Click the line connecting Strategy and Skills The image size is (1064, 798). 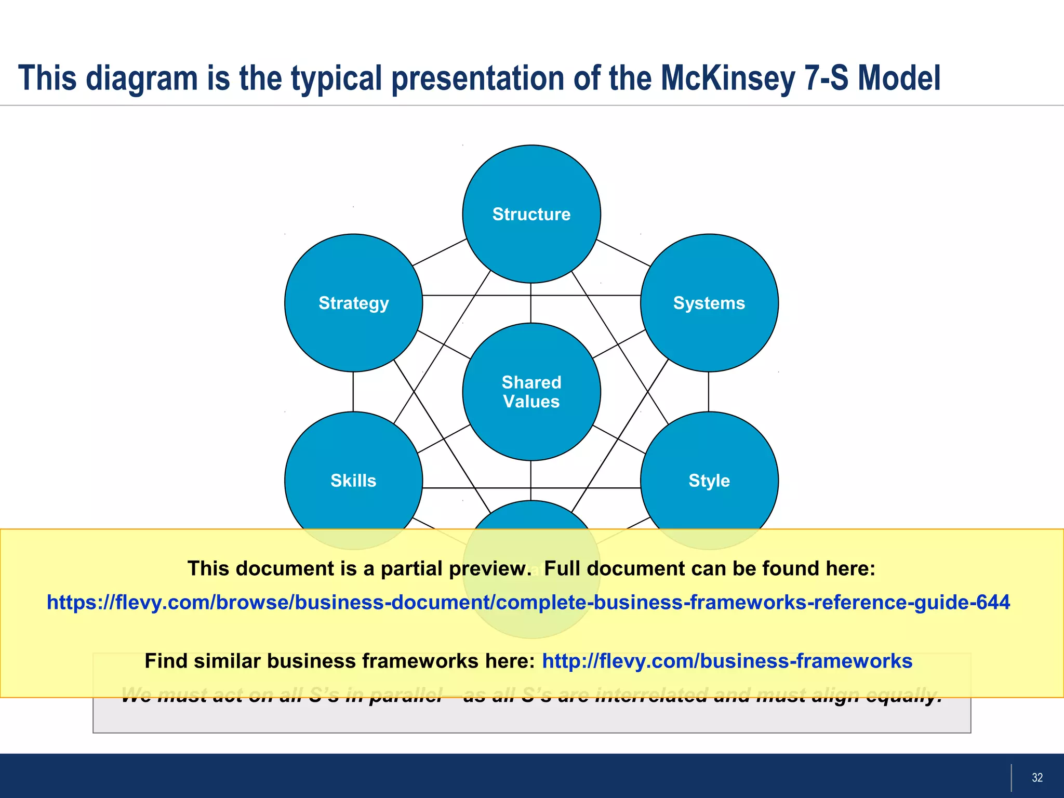[353, 392]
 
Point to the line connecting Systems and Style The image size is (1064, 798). [709, 392]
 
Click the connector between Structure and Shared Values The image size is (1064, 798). [530, 303]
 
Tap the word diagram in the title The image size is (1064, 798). [142, 78]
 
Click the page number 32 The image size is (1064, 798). [1037, 778]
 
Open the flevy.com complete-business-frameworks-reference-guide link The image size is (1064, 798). [528, 602]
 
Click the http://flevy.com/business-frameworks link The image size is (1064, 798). [727, 661]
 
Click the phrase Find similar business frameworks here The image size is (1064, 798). [339, 661]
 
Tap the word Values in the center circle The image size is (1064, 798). [531, 402]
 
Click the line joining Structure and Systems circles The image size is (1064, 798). [623, 252]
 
